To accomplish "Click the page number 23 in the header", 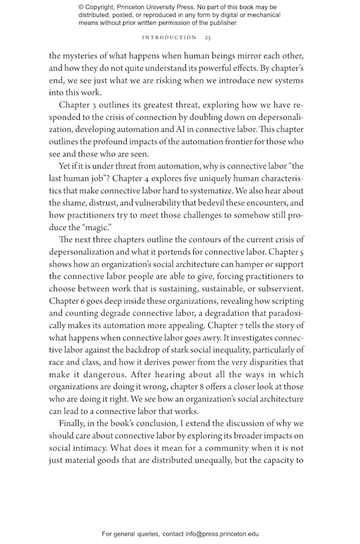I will click(x=207, y=38).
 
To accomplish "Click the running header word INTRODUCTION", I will click(x=169, y=38).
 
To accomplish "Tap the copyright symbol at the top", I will click(x=82, y=7).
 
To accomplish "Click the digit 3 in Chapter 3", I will click(x=97, y=105).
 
